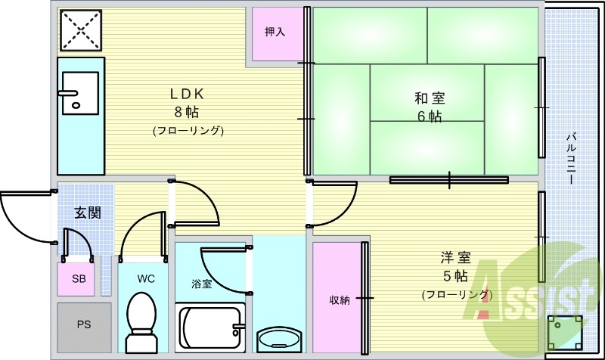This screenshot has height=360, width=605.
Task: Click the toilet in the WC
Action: (x=141, y=322)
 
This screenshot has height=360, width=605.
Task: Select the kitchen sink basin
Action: (x=81, y=93)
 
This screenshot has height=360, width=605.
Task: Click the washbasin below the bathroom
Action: (x=278, y=339)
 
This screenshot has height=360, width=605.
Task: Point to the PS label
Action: (x=84, y=324)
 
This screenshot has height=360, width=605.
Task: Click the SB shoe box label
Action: (x=79, y=278)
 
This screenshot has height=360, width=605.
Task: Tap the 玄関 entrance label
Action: (x=88, y=213)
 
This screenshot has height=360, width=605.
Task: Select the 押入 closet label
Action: (x=275, y=32)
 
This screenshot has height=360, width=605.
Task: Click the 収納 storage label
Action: (x=340, y=299)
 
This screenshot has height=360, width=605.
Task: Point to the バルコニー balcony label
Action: (x=572, y=158)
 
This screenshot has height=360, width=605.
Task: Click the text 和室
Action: (x=430, y=98)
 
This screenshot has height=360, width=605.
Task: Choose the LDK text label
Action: (x=187, y=93)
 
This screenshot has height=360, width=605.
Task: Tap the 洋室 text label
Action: (x=456, y=257)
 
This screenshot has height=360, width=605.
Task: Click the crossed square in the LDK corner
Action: (x=81, y=30)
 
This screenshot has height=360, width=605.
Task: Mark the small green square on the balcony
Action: (x=564, y=333)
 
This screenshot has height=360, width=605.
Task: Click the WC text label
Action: (x=146, y=278)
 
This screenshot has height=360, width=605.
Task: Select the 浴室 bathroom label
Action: (x=201, y=284)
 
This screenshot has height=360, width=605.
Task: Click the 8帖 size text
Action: (x=187, y=112)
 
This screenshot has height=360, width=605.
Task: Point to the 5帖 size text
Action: (x=456, y=276)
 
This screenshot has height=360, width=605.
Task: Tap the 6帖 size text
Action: (x=430, y=116)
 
